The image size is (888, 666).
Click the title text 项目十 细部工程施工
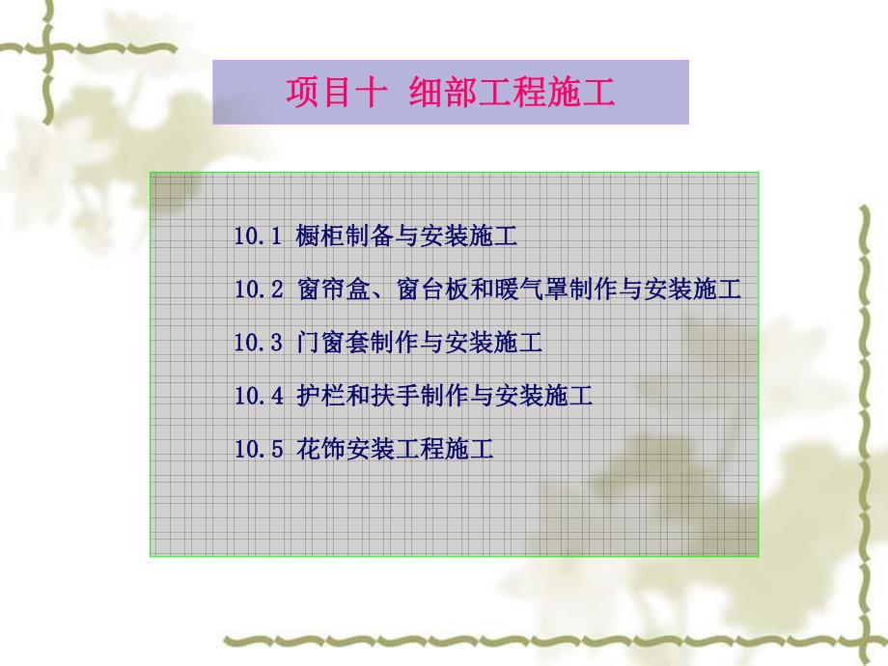pos(450,93)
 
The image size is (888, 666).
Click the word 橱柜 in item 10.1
pos(320,236)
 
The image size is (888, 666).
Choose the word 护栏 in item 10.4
pos(320,395)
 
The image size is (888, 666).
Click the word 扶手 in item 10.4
pos(395,395)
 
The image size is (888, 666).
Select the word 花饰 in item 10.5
pos(320,448)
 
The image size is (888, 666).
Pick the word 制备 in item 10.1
pos(370,236)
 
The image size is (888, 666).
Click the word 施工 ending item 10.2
pos(717,289)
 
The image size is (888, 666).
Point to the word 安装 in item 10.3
pos(469,342)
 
